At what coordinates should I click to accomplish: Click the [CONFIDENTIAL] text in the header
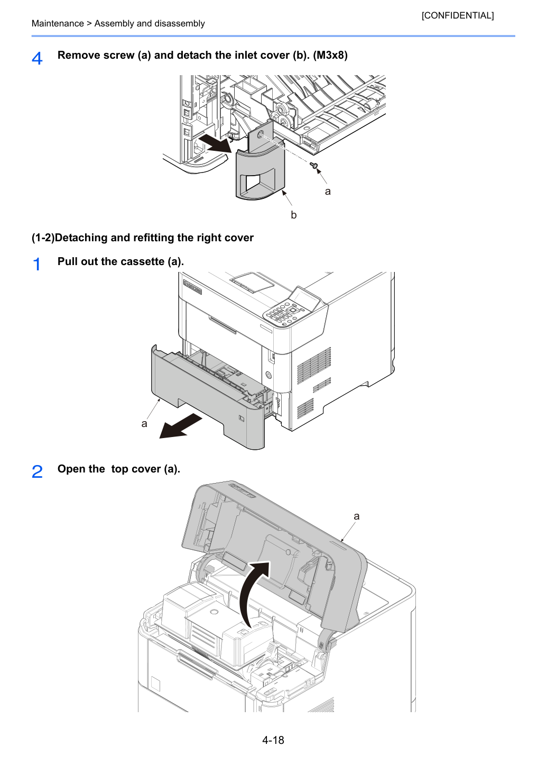coord(457,15)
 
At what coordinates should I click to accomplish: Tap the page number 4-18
coord(273,740)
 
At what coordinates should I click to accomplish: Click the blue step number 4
coord(37,58)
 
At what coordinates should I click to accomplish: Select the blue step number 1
coord(36,265)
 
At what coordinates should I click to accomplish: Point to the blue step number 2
coord(37,471)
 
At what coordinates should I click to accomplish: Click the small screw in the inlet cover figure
coord(313,166)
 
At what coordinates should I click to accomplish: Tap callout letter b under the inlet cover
coord(293,215)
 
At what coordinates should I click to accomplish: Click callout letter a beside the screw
coord(328,191)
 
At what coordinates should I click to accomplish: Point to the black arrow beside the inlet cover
coord(217,143)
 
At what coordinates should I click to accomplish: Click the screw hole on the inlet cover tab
coord(260,133)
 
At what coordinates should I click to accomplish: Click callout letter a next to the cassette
coord(144,423)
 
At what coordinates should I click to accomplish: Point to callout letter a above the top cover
coord(357,516)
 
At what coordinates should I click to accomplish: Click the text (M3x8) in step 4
coord(330,55)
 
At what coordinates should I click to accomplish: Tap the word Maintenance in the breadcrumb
coord(58,23)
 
